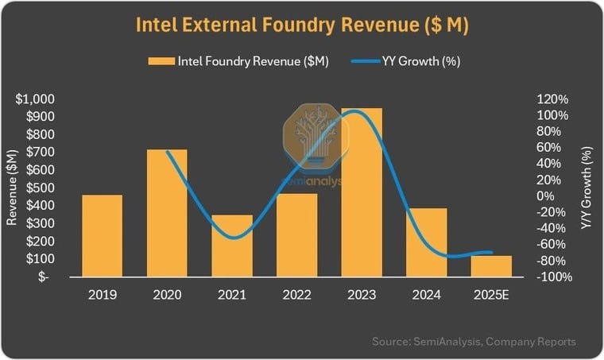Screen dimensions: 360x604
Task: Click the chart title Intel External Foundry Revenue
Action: [x=302, y=25]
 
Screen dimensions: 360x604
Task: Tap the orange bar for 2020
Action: [x=167, y=213]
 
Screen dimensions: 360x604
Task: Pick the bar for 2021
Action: [x=232, y=246]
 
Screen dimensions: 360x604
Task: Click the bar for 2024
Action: [x=428, y=242]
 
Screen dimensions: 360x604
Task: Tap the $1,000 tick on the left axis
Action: [x=35, y=99]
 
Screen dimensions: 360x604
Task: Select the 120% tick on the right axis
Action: [x=553, y=99]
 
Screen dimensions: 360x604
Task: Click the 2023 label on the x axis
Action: [x=362, y=295]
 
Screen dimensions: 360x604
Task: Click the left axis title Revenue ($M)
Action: [x=12, y=188]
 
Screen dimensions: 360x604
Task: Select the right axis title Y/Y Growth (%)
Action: [x=587, y=188]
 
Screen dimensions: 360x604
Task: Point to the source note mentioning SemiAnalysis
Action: [x=474, y=342]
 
